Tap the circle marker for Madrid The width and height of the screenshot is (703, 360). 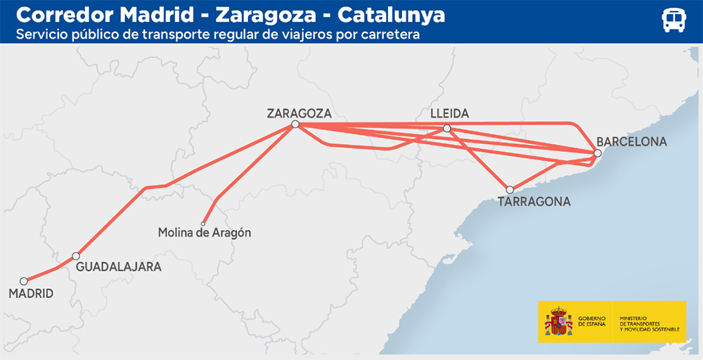(23, 281)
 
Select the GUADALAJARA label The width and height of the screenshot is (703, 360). (118, 267)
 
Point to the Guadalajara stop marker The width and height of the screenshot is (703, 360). (76, 256)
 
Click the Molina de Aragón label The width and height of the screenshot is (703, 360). (205, 233)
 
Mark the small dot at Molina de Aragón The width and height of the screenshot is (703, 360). (203, 224)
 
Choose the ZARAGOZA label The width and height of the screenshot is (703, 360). (299, 112)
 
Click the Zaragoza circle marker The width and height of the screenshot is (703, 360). (295, 124)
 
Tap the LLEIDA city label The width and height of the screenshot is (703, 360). (449, 114)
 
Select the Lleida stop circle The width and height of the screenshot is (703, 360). (447, 128)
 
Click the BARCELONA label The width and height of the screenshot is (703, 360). (631, 142)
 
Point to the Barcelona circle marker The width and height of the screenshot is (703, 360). (597, 153)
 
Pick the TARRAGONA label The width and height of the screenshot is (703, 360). (534, 202)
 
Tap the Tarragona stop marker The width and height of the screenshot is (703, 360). (510, 189)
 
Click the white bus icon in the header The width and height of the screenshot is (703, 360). (673, 20)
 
